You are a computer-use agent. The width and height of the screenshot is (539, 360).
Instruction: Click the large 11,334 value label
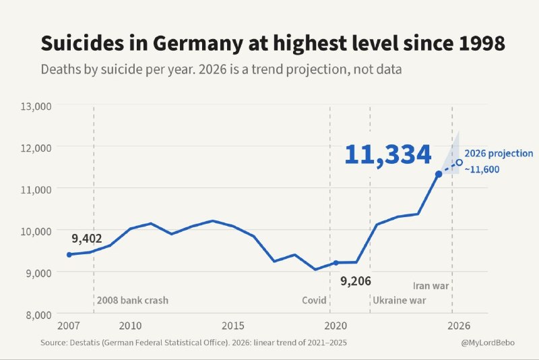point(388,155)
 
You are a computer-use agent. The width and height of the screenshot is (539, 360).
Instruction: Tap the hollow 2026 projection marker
point(459,162)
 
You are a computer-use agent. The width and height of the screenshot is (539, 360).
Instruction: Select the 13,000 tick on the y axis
point(36,107)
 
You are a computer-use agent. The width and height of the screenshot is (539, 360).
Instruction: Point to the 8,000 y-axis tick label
point(39,315)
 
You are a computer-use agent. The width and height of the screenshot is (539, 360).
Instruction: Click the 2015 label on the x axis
point(232,325)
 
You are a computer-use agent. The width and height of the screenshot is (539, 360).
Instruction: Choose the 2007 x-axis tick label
point(69,325)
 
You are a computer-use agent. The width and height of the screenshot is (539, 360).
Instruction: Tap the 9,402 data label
point(87,238)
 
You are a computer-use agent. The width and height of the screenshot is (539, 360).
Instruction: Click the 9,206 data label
point(356,281)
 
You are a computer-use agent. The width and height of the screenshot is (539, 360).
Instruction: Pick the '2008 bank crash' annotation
point(133,300)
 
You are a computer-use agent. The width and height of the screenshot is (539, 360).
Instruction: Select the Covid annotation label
point(314,300)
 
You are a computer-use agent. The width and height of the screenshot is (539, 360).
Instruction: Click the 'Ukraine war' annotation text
point(400,300)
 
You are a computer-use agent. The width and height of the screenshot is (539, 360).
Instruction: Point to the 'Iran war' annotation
point(431,286)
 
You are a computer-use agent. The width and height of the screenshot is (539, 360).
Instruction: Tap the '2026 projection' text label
point(499,153)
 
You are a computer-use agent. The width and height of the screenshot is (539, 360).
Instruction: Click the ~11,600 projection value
point(482,169)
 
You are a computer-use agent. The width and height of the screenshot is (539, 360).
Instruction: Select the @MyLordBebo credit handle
point(488,342)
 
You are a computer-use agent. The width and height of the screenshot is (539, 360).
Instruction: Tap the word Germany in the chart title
point(197,44)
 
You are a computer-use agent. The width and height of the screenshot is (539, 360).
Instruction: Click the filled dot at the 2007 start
point(69,254)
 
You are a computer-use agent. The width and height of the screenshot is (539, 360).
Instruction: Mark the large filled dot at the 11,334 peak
point(439,175)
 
